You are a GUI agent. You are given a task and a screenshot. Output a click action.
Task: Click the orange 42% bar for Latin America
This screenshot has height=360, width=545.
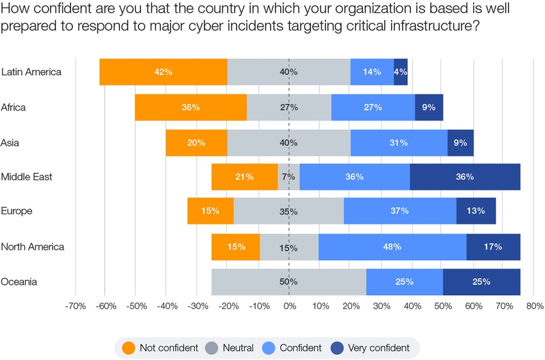pyautogui.click(x=163, y=72)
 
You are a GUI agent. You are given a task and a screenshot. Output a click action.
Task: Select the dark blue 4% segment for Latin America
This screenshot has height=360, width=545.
pyautogui.click(x=400, y=72)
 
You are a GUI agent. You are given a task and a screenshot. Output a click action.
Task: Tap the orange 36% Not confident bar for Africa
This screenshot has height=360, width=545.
pyautogui.click(x=190, y=107)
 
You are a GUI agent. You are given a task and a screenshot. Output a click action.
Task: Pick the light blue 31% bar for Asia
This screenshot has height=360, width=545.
pyautogui.click(x=398, y=142)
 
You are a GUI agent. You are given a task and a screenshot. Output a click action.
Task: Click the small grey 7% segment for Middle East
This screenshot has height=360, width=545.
pyautogui.click(x=289, y=176)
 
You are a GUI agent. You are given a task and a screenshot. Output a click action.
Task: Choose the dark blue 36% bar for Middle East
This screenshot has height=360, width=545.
pyautogui.click(x=464, y=176)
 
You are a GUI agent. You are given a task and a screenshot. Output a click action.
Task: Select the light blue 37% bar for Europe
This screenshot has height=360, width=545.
pyautogui.click(x=400, y=211)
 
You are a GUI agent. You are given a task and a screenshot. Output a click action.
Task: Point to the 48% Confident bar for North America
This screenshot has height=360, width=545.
pyautogui.click(x=392, y=246)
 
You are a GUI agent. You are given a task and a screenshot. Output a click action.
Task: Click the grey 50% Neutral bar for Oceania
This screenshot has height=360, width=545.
pyautogui.click(x=289, y=282)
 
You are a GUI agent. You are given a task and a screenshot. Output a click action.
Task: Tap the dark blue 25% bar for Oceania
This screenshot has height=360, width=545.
pyautogui.click(x=481, y=282)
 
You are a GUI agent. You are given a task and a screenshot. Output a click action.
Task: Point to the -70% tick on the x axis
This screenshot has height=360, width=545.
pyautogui.click(x=76, y=306)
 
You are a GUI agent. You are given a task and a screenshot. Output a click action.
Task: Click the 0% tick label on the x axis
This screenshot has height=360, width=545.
pyautogui.click(x=289, y=306)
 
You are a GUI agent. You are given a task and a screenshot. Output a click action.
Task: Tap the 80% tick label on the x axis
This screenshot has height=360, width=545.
pyautogui.click(x=534, y=306)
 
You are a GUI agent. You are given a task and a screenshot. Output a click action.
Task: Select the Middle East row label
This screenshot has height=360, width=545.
pyautogui.click(x=27, y=176)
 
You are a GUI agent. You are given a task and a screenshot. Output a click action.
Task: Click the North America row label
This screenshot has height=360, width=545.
pyautogui.click(x=33, y=246)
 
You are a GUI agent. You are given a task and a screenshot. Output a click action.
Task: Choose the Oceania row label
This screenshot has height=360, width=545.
pyautogui.click(x=19, y=282)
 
